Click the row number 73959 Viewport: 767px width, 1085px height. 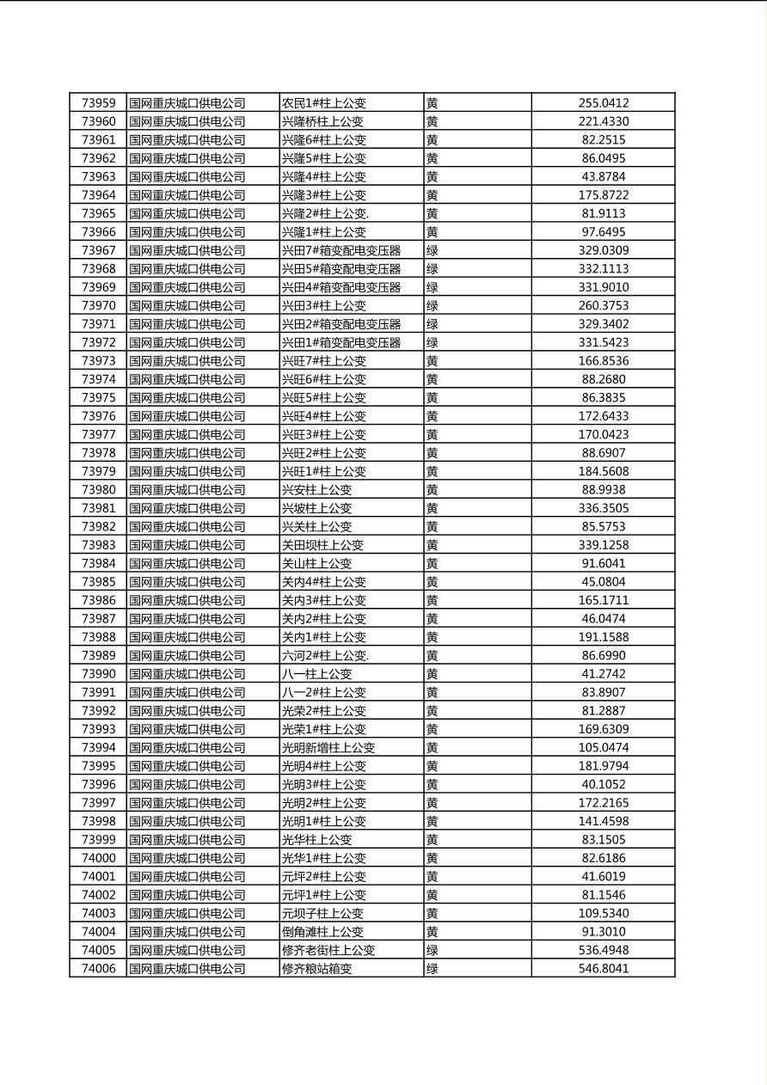[98, 103]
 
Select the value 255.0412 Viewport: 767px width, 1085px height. [603, 103]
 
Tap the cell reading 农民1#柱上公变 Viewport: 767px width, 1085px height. [324, 103]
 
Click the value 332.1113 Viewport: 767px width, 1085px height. [603, 269]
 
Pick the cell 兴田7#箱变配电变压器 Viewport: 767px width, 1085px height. [341, 250]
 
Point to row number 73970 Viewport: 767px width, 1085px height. [98, 305]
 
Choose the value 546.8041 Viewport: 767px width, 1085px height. [603, 968]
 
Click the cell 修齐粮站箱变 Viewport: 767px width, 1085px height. [317, 968]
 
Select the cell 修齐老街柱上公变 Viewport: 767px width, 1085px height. [328, 950]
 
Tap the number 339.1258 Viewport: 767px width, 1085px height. [603, 545]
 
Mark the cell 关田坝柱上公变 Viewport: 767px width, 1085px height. [322, 545]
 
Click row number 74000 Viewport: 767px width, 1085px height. [98, 858]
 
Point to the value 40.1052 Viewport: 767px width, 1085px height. [603, 784]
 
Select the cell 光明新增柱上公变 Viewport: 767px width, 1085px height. [328, 747]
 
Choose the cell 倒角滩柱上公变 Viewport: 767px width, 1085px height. [322, 931]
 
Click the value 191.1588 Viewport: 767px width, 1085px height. [603, 637]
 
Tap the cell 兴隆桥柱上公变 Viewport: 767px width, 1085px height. [322, 121]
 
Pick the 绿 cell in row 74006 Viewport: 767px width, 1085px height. [433, 968]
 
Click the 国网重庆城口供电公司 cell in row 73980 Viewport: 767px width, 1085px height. [187, 490]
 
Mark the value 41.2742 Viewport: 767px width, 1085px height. [603, 674]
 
